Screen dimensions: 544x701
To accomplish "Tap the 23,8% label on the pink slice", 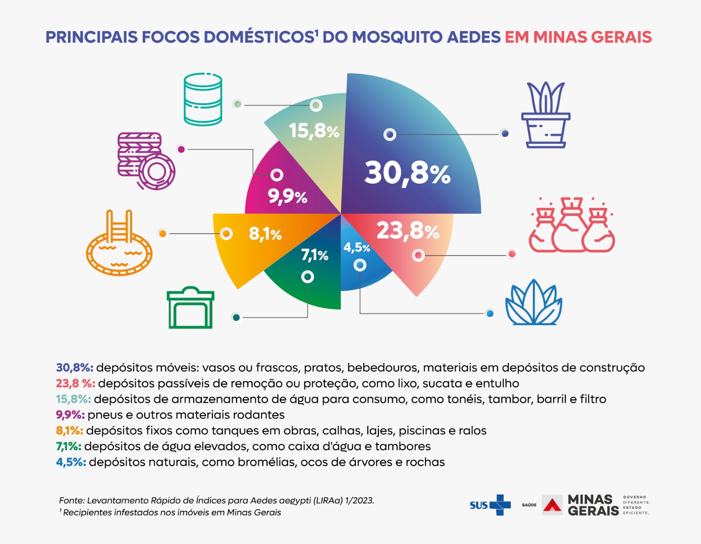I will coord(407,231).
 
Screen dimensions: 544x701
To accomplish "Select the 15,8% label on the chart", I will coord(314,131).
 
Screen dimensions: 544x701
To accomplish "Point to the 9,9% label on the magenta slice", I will coord(287,196).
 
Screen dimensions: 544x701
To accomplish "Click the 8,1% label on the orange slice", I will coord(265,234).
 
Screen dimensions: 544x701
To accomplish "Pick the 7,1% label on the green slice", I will coord(315,255).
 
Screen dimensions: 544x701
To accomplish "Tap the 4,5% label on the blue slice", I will coord(357,248).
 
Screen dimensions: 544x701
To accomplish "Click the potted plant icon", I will coord(545,115).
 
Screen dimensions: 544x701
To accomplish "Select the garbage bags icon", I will coord(571,225).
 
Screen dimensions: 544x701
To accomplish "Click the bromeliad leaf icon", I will coord(534,303).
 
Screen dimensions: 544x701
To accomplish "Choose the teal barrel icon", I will coord(203,99).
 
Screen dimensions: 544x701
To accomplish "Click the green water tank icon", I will coord(191,308).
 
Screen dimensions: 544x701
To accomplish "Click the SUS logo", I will coord(490,505).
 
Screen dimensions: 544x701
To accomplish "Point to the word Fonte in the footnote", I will coord(71,500).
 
